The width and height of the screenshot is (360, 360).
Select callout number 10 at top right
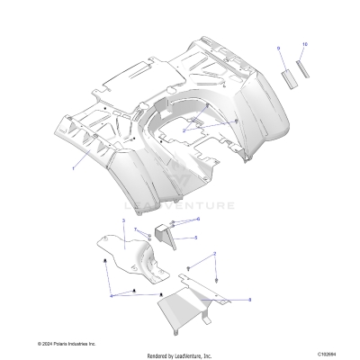click(x=305, y=45)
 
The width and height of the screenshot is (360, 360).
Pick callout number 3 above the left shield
click(x=122, y=220)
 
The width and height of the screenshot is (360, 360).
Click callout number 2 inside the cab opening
click(x=183, y=131)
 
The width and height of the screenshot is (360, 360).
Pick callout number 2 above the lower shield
click(x=214, y=257)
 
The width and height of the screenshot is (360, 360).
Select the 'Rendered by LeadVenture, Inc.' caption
click(x=179, y=355)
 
